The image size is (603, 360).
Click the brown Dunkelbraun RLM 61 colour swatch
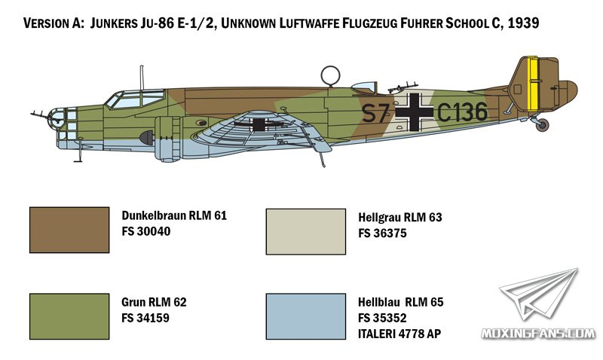(x=69, y=230)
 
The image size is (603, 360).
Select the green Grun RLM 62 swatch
(x=69, y=316)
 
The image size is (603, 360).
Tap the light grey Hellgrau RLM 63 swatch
(x=306, y=232)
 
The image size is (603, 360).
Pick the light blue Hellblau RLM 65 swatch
(x=306, y=316)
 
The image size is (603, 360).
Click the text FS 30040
(x=145, y=231)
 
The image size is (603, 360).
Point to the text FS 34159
(x=145, y=318)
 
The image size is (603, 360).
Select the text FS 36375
(x=382, y=233)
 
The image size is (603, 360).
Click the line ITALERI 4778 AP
(x=399, y=334)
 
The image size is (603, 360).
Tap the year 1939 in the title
(x=523, y=23)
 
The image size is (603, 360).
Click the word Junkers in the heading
(x=112, y=23)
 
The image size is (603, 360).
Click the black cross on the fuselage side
(x=414, y=111)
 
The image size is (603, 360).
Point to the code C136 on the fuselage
(x=462, y=112)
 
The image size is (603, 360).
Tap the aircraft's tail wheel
(x=542, y=125)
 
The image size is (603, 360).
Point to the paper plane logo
(x=538, y=294)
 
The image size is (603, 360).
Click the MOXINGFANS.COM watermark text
(x=538, y=334)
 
